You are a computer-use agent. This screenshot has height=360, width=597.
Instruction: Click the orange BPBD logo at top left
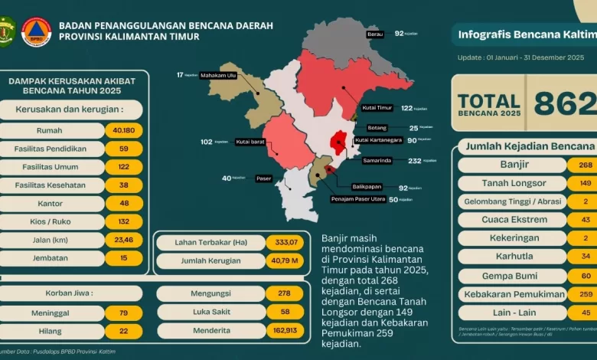click(36, 31)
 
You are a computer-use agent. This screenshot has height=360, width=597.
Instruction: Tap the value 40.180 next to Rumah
click(124, 130)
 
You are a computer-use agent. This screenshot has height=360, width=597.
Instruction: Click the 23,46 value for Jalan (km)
click(124, 241)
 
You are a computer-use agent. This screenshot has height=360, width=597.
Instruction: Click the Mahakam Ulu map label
click(219, 76)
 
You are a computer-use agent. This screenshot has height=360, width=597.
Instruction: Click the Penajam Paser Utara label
click(358, 199)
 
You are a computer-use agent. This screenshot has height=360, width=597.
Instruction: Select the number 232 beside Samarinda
click(414, 161)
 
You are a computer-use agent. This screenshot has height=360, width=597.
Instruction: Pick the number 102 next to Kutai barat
click(207, 142)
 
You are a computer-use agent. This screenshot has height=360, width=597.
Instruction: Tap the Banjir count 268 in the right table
click(584, 165)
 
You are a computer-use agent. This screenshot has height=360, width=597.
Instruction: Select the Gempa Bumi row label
click(513, 276)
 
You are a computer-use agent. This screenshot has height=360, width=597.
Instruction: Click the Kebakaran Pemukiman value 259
click(584, 294)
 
